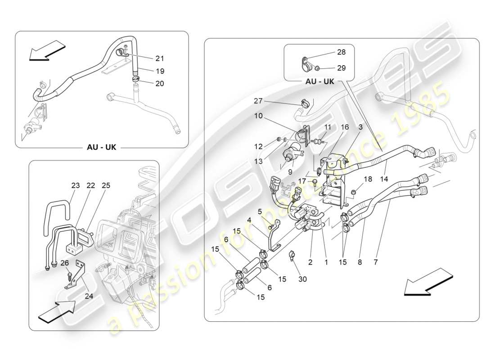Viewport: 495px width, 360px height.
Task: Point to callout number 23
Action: (75, 185)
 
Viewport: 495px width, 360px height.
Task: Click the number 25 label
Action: (106, 185)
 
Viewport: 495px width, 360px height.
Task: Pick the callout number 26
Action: (65, 263)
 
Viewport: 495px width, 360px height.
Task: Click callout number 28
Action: (342, 52)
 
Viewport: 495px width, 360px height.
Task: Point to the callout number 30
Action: (302, 279)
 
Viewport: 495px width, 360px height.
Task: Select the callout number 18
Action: (368, 179)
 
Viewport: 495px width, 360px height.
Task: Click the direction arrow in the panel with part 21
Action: (47, 49)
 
